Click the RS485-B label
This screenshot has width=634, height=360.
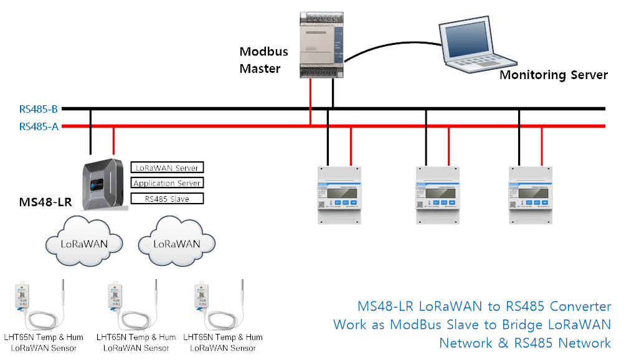click(39, 109)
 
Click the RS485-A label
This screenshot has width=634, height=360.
click(39, 126)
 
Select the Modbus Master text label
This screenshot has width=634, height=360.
click(260, 60)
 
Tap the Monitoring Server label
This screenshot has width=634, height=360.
click(554, 75)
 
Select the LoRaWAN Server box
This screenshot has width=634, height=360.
click(167, 167)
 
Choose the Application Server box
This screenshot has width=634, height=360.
click(167, 183)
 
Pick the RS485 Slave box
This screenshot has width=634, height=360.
click(167, 199)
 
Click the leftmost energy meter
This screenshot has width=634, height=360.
click(339, 194)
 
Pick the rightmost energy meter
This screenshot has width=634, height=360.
click(530, 194)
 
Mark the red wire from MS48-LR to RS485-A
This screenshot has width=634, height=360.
click(113, 141)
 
